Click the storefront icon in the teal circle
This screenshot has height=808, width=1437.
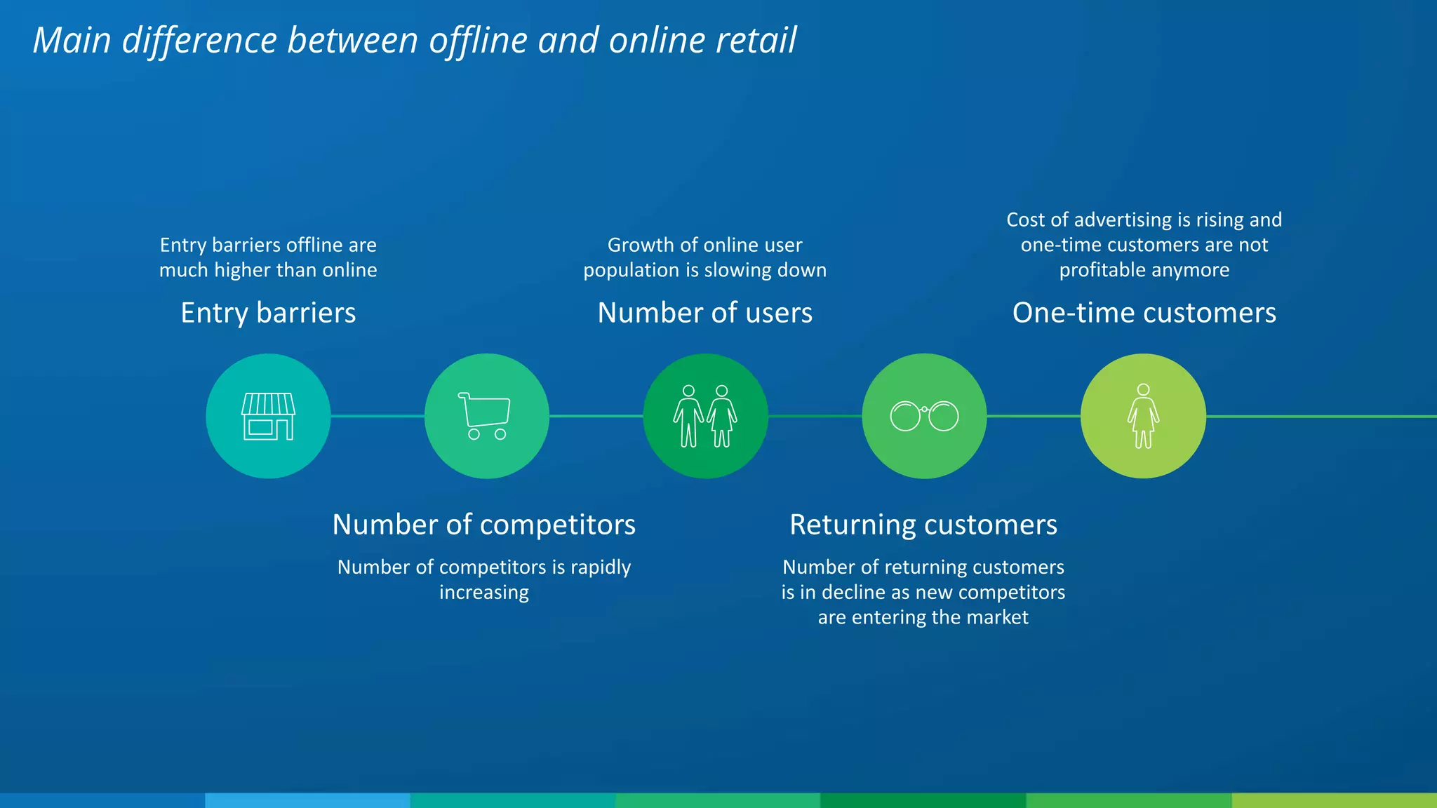[x=268, y=416]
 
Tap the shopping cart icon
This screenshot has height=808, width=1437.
[x=485, y=415]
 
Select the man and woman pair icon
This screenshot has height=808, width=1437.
[x=705, y=416]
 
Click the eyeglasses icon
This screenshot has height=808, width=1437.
[x=924, y=416]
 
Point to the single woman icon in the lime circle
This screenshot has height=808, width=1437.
[x=1143, y=416]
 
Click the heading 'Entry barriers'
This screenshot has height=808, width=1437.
[x=268, y=313]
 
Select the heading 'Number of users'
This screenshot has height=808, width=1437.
[x=704, y=313]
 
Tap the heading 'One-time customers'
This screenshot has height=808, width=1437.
[x=1144, y=313]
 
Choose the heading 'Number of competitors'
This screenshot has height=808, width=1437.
[x=483, y=525]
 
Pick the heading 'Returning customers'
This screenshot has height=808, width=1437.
[x=923, y=525]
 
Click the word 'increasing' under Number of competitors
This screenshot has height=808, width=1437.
[x=483, y=593]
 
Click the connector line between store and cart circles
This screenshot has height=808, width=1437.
[x=377, y=416]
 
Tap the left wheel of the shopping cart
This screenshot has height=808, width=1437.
[x=474, y=434]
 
